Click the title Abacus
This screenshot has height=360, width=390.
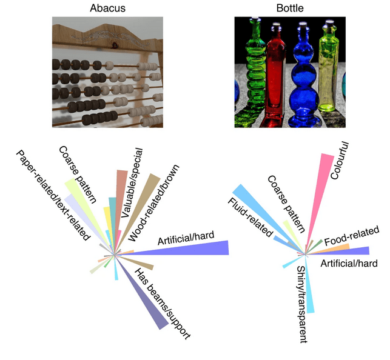[x=107, y=8]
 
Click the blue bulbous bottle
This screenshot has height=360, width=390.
[x=300, y=79]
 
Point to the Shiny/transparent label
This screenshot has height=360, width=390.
[x=301, y=304]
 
